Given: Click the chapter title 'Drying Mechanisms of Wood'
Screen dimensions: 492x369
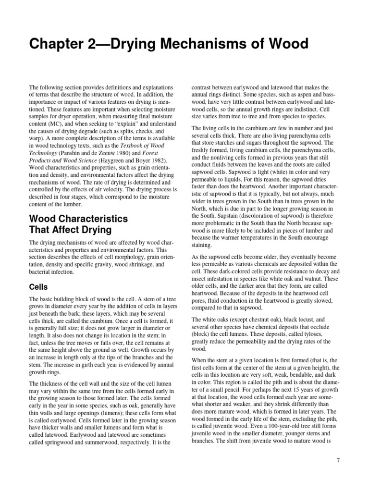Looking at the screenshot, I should (x=168, y=44).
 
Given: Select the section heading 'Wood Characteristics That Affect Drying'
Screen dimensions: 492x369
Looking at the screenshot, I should (x=78, y=224).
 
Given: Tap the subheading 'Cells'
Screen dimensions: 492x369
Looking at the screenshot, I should (x=38, y=287).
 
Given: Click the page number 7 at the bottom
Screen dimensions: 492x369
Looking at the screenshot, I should (x=338, y=460).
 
